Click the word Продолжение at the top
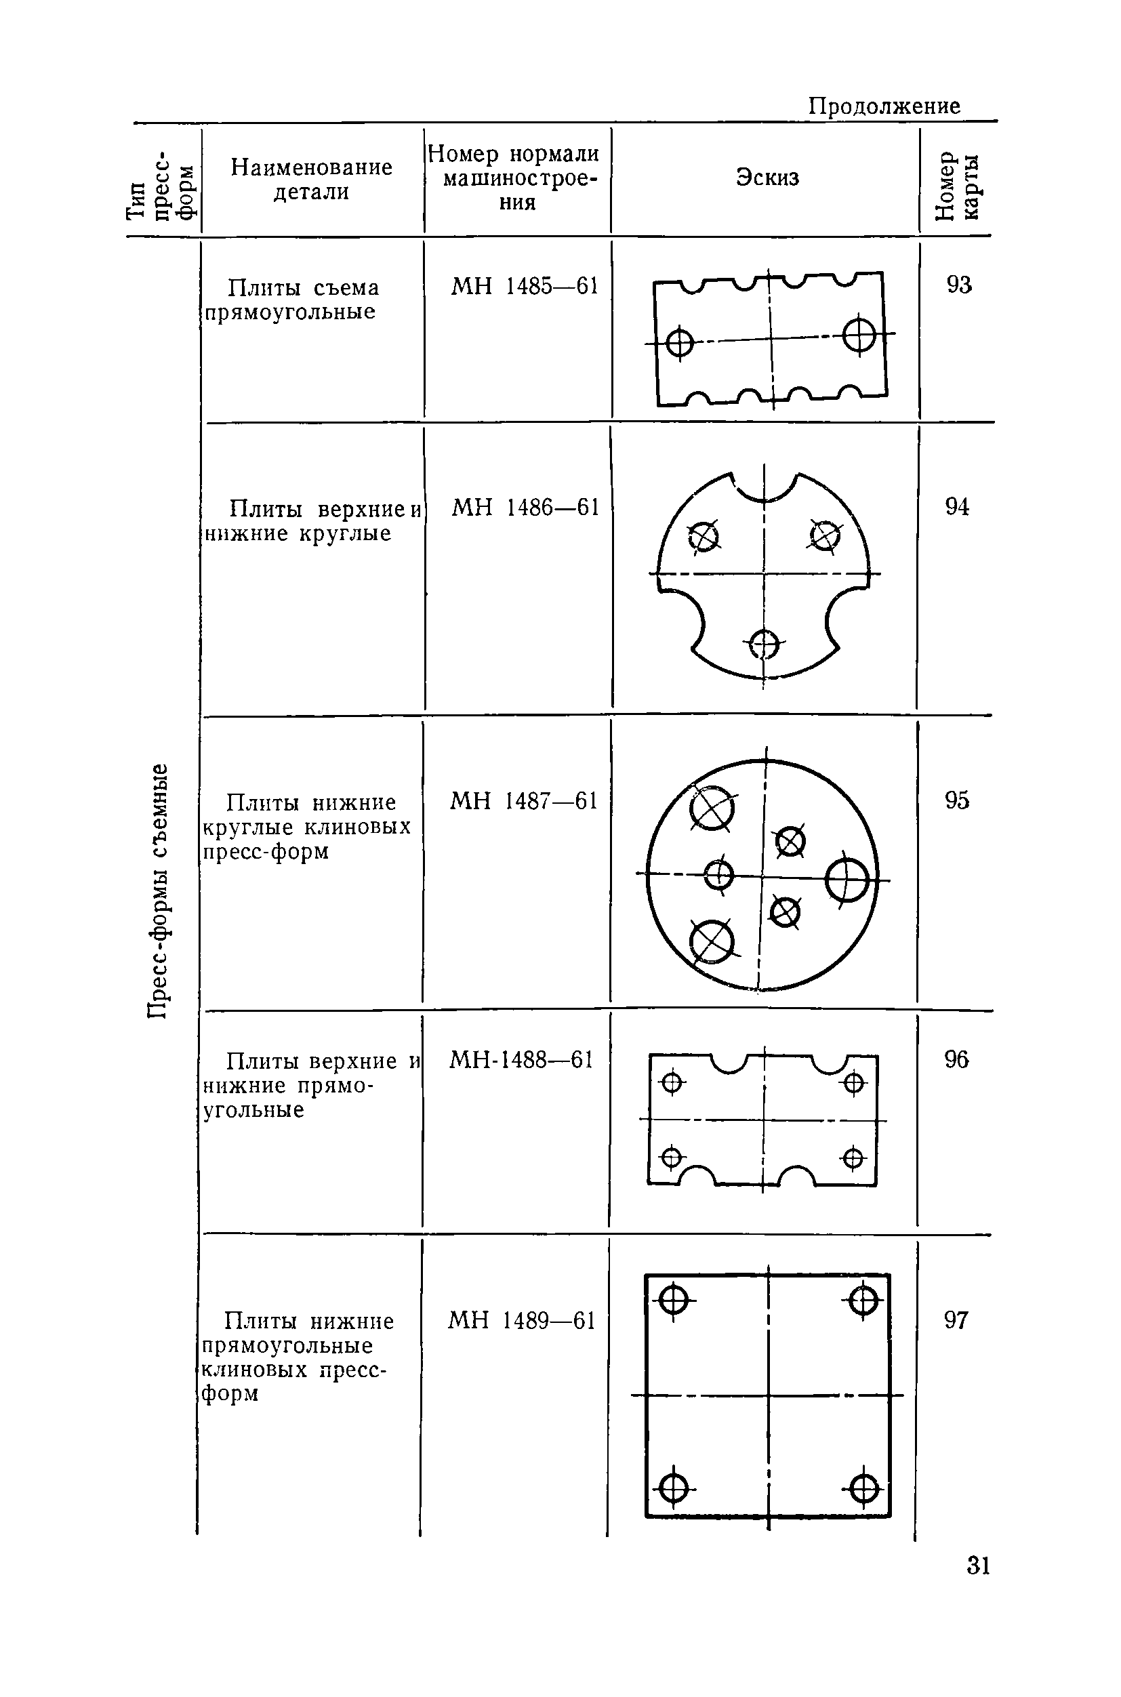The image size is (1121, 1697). point(884,106)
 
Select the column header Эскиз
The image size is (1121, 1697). point(767,178)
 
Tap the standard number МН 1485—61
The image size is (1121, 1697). point(524,286)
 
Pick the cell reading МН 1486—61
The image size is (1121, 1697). point(525,508)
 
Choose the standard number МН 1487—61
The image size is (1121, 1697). point(523,800)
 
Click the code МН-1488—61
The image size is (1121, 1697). point(521,1059)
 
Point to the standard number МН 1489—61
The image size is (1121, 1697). point(522,1320)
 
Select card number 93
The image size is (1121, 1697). point(959,285)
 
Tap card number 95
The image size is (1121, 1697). point(956,800)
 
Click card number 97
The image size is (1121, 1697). point(956,1320)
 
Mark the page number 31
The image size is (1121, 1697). point(978,1566)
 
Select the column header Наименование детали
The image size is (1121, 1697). point(312,180)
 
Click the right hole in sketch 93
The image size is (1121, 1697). point(859,335)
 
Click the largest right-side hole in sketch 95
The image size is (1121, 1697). point(847,879)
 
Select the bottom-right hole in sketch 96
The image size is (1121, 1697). point(853,1158)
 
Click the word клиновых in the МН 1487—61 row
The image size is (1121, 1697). point(357,827)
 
